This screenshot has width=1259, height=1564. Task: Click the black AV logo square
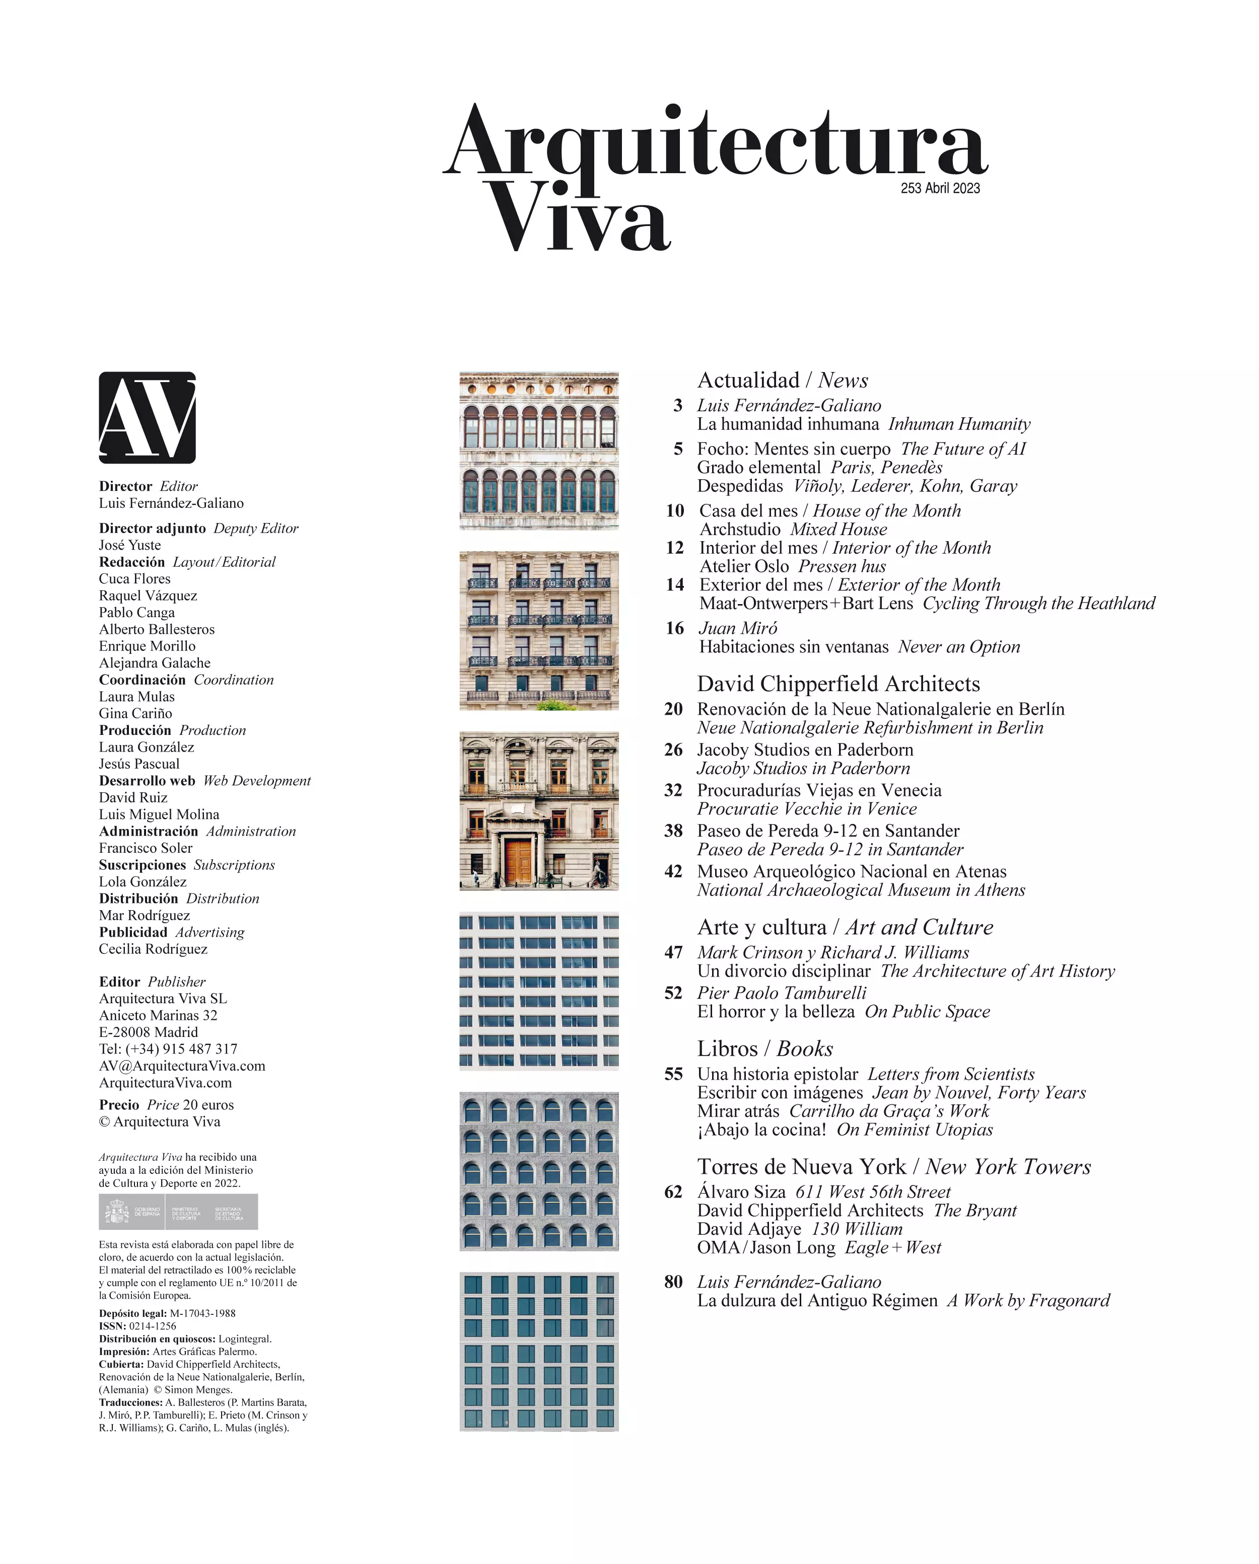148,417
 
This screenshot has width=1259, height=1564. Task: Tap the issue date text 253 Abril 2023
940,188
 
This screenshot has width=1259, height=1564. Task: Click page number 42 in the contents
673,871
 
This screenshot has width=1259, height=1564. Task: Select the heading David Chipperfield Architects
838,684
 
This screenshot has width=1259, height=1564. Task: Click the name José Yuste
130,545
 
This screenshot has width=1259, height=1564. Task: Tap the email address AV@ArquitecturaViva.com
182,1066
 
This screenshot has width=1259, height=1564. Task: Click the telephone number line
168,1049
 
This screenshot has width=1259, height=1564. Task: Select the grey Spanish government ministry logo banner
178,1212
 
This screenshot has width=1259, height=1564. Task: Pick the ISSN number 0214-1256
153,1326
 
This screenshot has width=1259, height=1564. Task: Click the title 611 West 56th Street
872,1192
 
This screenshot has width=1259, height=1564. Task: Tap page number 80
673,1282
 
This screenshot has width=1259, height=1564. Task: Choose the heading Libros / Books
765,1048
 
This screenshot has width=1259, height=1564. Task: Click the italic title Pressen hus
842,566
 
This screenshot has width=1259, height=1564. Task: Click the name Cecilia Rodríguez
153,949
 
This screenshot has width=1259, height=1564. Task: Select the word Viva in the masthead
579,217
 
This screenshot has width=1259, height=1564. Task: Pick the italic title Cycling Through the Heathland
1038,603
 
